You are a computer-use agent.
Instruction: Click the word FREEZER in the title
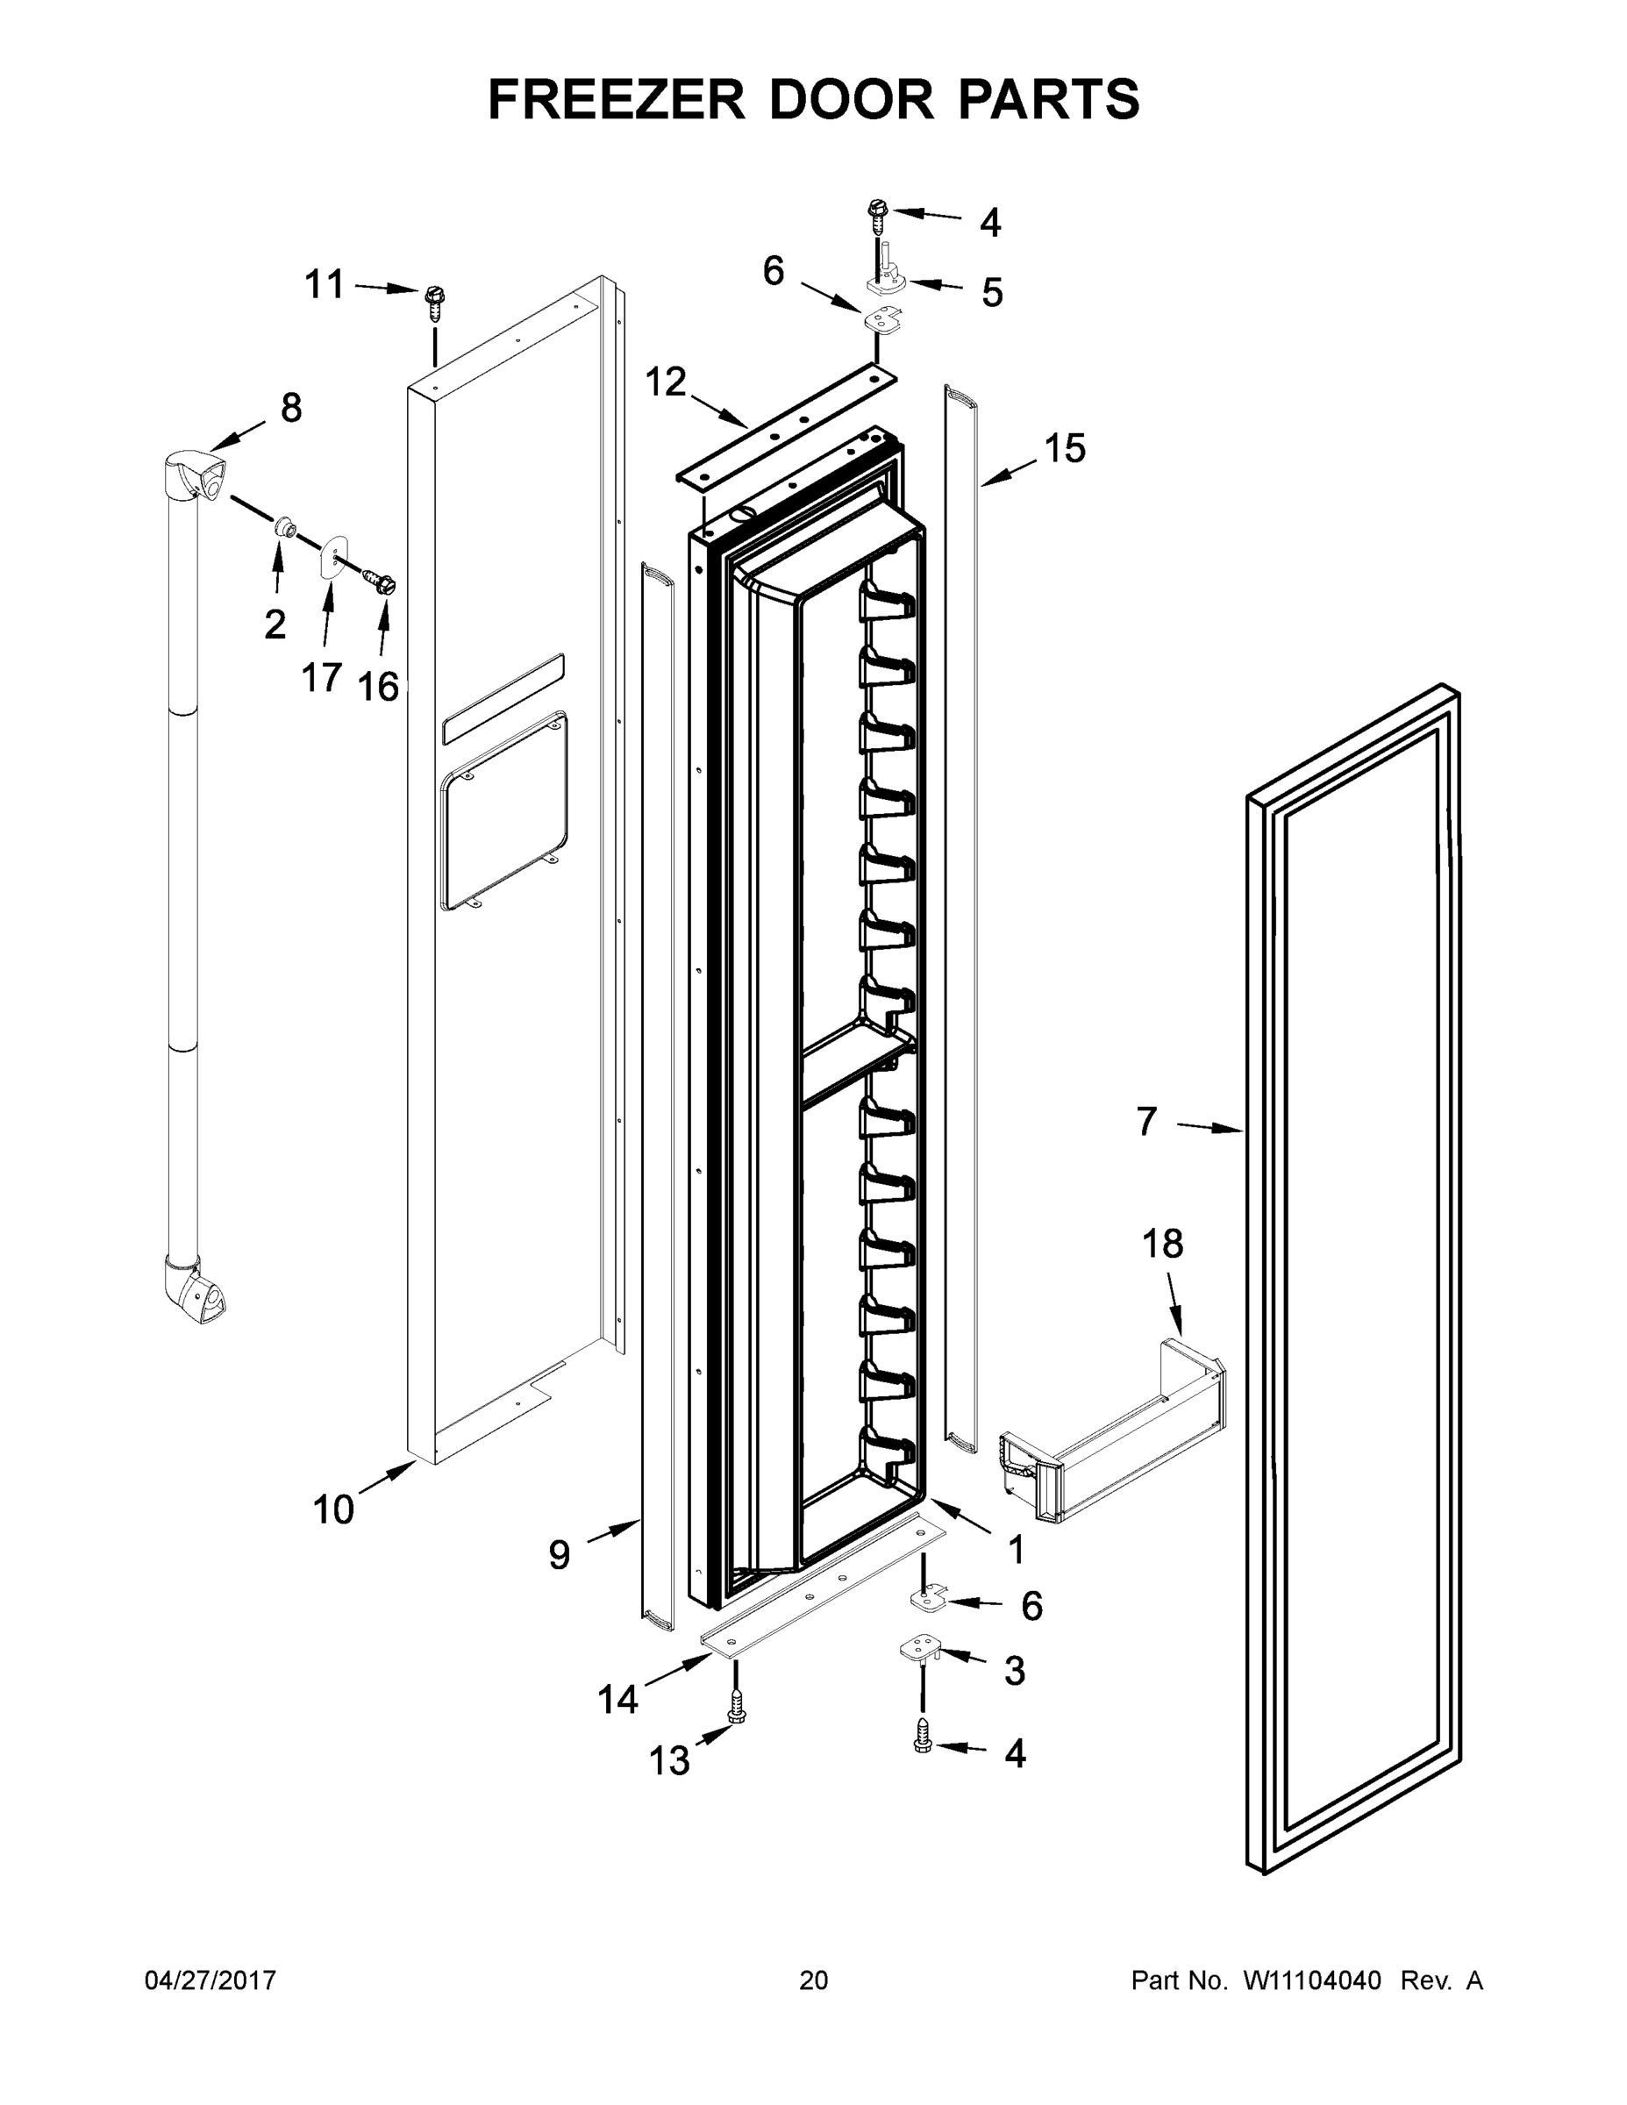tap(616, 98)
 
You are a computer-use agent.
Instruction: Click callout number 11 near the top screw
tap(324, 284)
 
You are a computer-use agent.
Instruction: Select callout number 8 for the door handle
tap(291, 408)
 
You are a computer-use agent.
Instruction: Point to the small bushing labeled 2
tap(283, 527)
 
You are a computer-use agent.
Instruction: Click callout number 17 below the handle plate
tap(322, 678)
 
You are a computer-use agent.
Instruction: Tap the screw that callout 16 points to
tap(381, 582)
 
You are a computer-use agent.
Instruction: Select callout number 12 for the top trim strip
tap(665, 382)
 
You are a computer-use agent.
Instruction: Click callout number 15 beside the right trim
tap(1065, 448)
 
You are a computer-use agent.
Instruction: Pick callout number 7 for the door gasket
tap(1146, 1121)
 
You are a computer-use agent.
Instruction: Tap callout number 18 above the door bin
tap(1162, 1244)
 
